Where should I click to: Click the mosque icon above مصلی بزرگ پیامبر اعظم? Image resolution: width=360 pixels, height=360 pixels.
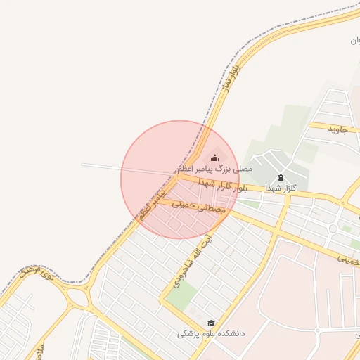coord(214,157)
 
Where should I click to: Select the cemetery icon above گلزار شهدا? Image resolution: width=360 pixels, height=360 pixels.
coord(281,177)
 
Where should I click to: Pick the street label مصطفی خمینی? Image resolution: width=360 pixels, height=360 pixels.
coord(199,207)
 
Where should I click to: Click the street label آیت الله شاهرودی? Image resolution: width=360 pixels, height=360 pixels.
coord(189,259)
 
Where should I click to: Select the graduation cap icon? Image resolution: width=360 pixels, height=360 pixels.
coord(210,323)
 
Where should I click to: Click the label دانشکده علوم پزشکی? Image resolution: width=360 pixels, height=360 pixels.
coord(210,333)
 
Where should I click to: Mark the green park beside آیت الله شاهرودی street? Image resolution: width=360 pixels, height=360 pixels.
coord(181,297)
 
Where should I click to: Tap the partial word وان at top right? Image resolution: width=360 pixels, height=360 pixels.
coord(354,41)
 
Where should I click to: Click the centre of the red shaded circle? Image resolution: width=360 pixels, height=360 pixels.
coord(180,179)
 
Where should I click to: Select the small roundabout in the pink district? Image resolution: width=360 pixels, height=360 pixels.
coord(318,330)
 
